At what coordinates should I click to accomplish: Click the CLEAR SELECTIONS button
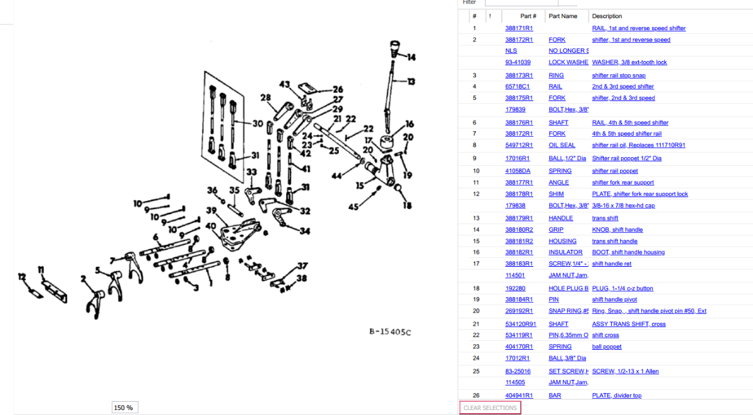(x=490, y=408)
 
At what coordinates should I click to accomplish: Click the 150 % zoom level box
(x=124, y=407)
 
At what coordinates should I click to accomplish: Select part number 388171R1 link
(x=519, y=28)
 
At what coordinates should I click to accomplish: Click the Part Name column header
(x=563, y=16)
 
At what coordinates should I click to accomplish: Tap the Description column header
(x=607, y=16)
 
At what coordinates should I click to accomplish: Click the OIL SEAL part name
(x=562, y=145)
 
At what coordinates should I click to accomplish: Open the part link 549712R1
(x=519, y=145)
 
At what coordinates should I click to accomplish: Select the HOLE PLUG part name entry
(x=568, y=289)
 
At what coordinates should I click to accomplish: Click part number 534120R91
(x=521, y=324)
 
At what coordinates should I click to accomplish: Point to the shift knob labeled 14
(x=395, y=47)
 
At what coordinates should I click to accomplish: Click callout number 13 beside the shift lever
(x=411, y=82)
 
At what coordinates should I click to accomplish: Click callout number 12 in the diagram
(x=21, y=276)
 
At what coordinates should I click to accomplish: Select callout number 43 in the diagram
(x=285, y=85)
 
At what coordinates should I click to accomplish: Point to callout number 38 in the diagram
(x=302, y=278)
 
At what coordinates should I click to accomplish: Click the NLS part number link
(x=511, y=51)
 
